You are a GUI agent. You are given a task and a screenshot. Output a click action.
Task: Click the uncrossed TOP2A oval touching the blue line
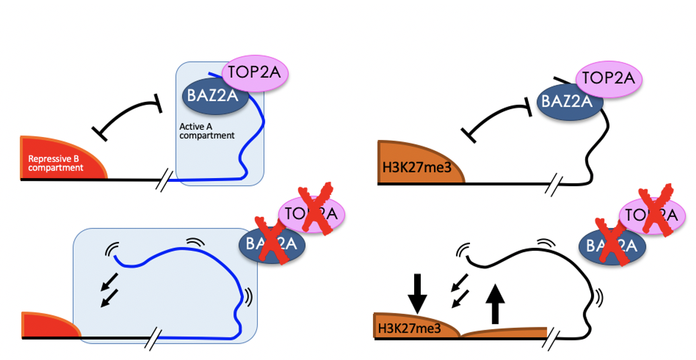255,74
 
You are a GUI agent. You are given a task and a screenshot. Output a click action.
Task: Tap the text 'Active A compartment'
206,131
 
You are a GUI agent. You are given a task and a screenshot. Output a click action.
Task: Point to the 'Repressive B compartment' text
56,162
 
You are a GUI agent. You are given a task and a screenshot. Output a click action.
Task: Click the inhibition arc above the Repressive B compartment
129,115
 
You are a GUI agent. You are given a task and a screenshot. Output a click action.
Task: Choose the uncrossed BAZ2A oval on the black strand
566,101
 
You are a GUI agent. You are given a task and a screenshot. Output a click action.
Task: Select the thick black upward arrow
495,303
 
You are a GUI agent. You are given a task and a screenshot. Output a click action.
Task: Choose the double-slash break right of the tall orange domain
553,184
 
